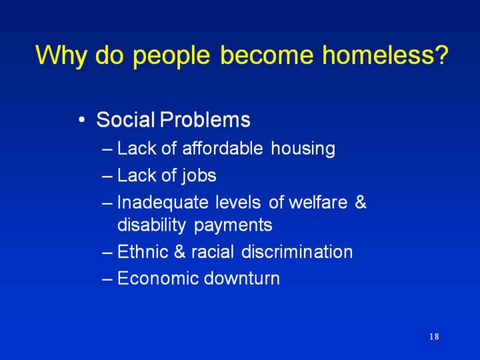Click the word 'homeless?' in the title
385,55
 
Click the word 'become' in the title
266,55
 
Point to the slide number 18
434,337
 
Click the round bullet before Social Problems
81,120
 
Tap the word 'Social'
125,119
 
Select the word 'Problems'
205,119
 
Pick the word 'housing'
303,149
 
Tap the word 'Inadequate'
163,203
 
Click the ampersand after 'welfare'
361,202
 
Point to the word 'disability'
151,226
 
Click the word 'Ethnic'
143,251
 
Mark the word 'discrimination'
297,251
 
